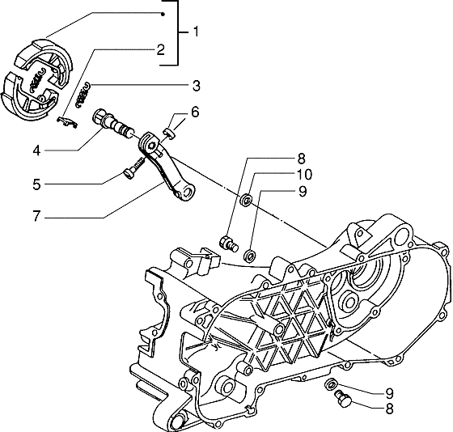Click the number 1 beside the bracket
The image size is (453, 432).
click(x=196, y=32)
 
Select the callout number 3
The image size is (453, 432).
click(x=197, y=85)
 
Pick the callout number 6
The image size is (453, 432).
click(x=195, y=112)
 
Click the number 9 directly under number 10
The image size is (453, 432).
click(x=280, y=192)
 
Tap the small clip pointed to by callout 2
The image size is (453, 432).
click(x=67, y=120)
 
